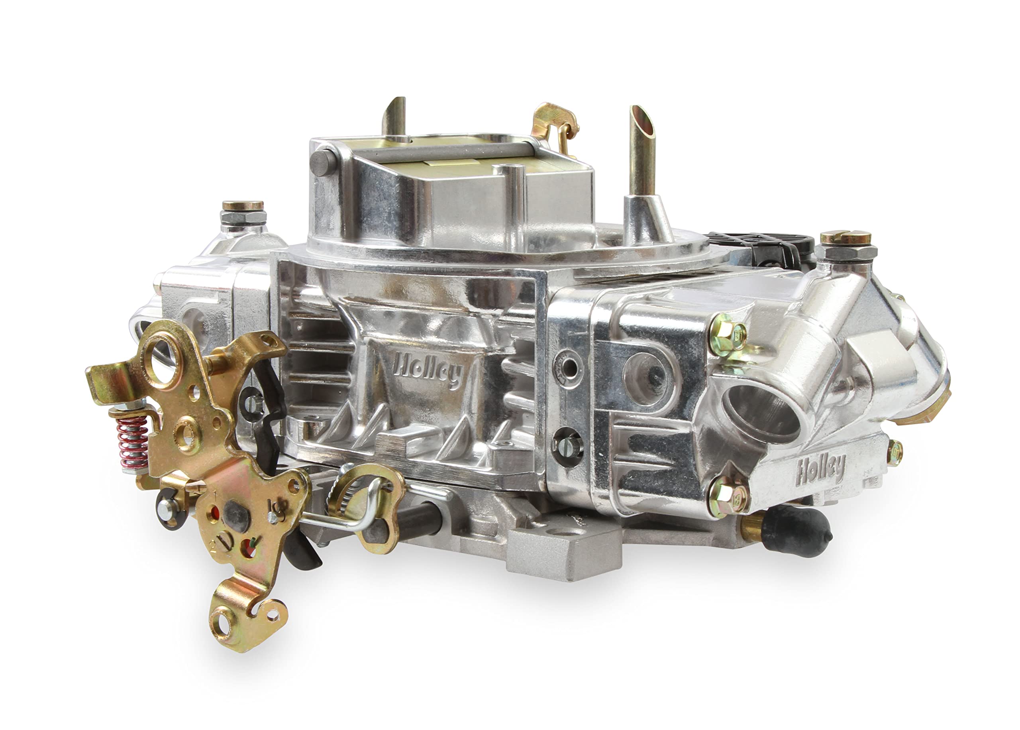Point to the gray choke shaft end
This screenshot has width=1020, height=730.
(322, 163)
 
